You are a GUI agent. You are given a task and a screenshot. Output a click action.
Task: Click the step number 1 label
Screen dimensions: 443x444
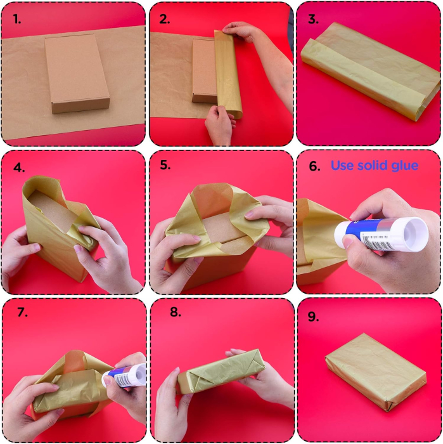click(17, 20)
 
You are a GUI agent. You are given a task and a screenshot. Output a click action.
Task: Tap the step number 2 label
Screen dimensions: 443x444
click(164, 19)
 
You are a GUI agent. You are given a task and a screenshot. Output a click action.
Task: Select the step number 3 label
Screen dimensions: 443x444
click(313, 19)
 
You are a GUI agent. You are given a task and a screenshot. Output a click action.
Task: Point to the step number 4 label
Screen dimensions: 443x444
click(19, 167)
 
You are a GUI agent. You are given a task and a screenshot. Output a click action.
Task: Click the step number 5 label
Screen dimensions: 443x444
click(165, 165)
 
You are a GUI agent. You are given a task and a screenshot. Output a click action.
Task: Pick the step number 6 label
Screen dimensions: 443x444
click(314, 166)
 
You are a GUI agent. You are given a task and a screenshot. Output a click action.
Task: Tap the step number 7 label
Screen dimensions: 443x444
click(23, 312)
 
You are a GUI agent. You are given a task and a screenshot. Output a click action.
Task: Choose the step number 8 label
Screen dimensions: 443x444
click(176, 312)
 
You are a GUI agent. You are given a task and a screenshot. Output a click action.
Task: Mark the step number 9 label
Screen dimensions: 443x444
click(313, 317)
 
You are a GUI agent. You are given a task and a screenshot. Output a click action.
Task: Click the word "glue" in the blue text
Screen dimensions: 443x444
click(404, 166)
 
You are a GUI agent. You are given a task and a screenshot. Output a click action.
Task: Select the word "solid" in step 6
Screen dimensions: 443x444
click(373, 165)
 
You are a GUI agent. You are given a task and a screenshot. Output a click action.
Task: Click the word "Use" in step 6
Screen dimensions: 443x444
click(342, 166)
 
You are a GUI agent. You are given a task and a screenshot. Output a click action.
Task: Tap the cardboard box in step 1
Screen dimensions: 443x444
click(77, 74)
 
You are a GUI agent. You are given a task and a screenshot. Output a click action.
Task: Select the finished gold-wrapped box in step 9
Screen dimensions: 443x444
click(376, 372)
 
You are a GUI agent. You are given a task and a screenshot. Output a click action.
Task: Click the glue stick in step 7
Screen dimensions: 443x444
click(124, 375)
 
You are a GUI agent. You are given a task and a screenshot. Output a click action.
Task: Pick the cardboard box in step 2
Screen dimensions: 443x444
click(204, 71)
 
